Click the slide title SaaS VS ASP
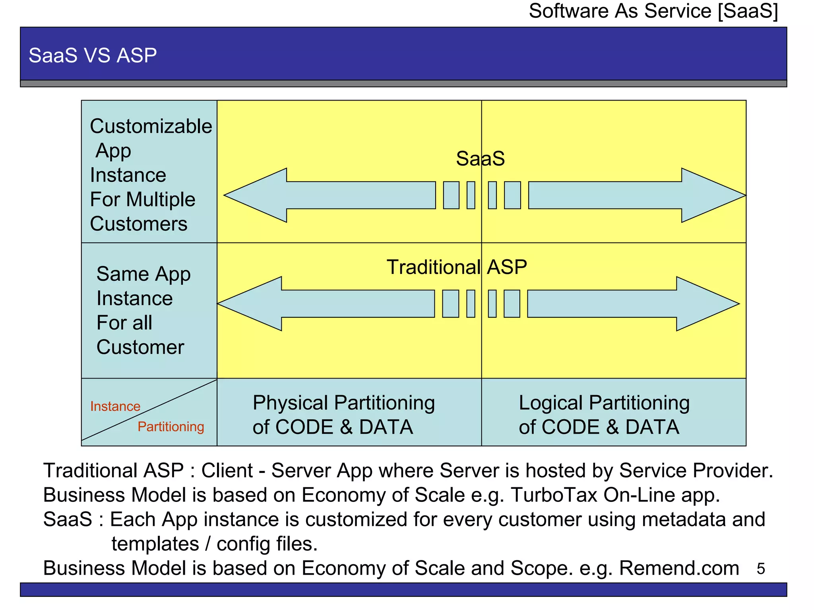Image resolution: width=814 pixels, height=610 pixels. pos(93,55)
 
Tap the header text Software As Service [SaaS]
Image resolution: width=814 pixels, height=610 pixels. pos(653,11)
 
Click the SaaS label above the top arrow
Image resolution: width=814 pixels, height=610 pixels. pos(480,158)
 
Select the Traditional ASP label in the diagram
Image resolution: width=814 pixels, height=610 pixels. pos(457,267)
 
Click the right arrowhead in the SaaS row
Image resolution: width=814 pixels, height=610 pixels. pos(711,195)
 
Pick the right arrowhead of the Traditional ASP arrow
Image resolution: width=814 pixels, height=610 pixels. pos(705,304)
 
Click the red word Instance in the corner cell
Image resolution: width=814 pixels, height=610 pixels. pos(115,406)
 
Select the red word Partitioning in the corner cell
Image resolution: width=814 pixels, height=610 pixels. pos(171,427)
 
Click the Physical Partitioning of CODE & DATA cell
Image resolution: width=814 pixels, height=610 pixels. pos(344,415)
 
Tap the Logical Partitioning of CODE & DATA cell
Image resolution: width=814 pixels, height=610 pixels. pos(604,415)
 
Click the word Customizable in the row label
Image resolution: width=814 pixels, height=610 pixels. pos(151,126)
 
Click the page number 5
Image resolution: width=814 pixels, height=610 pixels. pos(761,569)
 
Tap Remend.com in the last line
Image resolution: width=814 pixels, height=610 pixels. pos(679,568)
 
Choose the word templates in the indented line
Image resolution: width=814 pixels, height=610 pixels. pos(155,544)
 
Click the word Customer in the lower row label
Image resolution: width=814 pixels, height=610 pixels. pos(140,347)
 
